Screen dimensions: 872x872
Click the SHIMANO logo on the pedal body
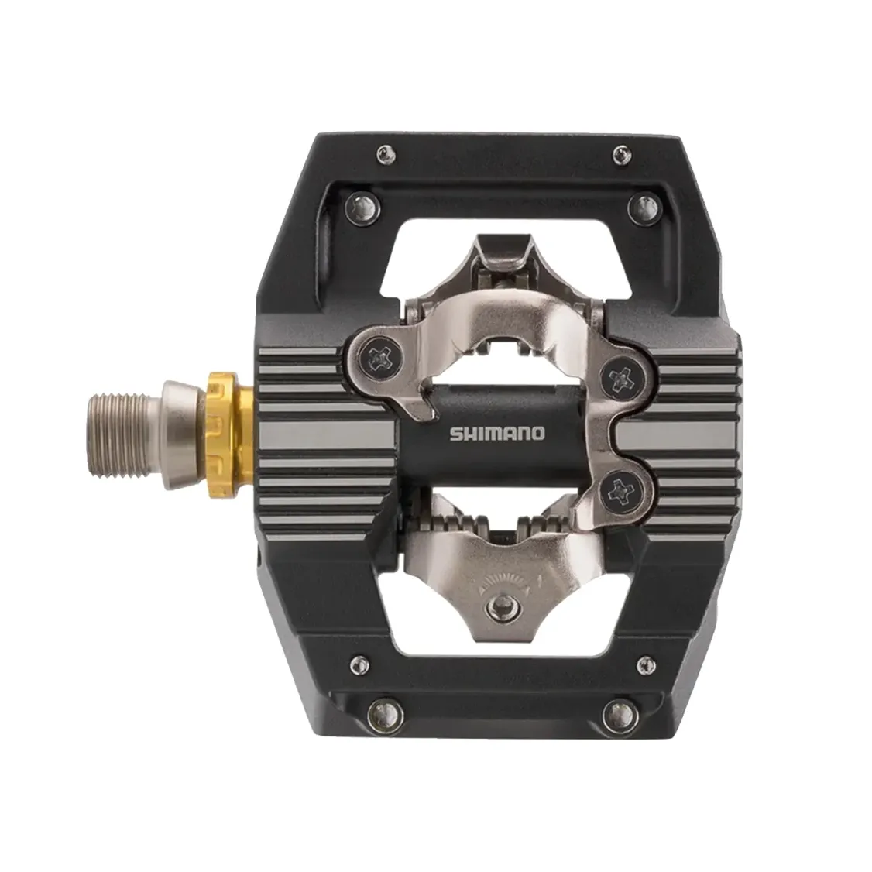497,433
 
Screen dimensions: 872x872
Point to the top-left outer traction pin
386,154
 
